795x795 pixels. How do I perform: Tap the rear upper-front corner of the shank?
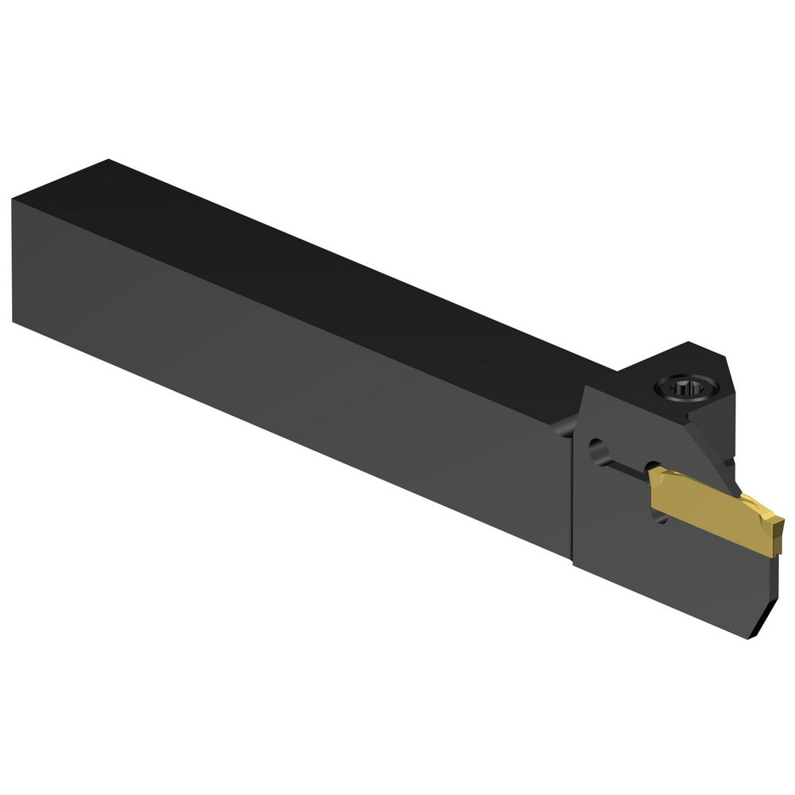[14, 200]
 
